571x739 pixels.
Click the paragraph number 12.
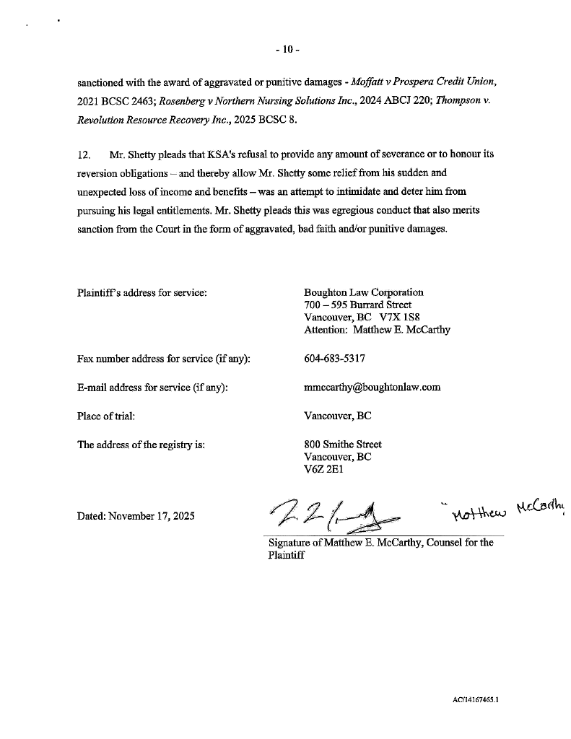[84, 155]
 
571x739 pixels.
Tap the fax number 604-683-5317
[335, 359]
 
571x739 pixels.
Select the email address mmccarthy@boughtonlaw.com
[372, 388]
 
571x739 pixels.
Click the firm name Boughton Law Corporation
[364, 292]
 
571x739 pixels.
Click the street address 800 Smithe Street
[343, 445]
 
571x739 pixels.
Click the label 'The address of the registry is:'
[141, 445]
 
